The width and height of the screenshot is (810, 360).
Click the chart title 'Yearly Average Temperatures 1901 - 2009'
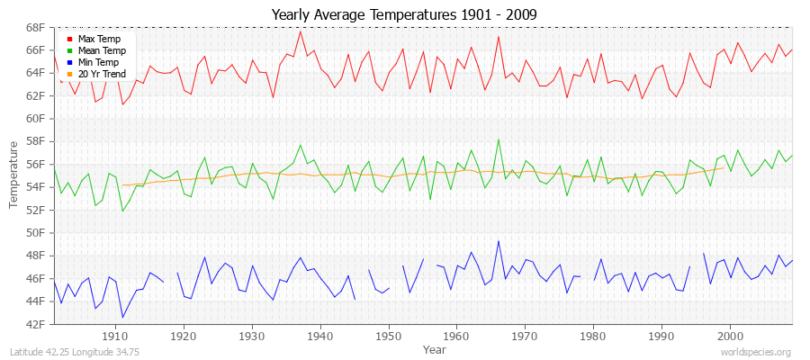pos(405,14)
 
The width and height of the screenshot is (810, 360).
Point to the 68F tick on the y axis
pos(35,27)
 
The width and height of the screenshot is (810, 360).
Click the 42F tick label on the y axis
pos(35,324)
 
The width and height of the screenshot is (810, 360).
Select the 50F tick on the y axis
pos(35,232)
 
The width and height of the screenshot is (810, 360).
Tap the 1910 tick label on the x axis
pos(115,335)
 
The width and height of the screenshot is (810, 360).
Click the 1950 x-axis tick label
pos(388,335)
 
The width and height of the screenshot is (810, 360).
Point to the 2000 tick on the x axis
pos(729,335)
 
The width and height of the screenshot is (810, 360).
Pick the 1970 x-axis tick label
pos(525,335)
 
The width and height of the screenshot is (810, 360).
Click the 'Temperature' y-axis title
pos(13,175)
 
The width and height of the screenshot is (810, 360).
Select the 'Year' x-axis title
pos(434,348)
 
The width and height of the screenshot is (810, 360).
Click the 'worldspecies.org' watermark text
pos(756,352)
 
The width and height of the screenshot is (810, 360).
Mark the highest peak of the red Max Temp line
pos(301,31)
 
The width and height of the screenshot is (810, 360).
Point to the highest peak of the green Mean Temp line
pos(498,139)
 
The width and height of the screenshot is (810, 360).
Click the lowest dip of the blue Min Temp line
pos(122,317)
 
